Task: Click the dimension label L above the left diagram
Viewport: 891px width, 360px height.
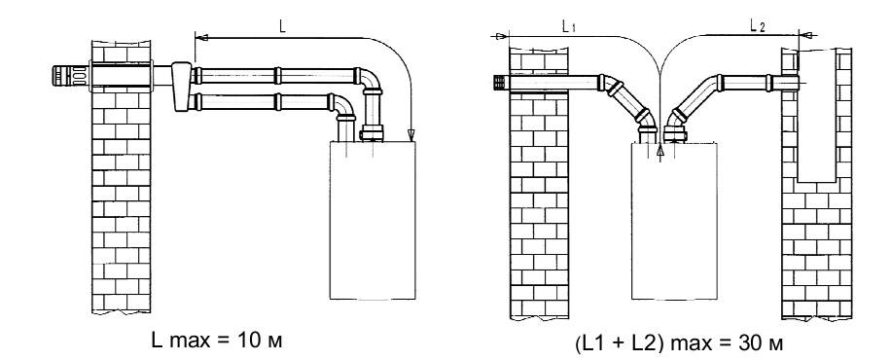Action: point(282,26)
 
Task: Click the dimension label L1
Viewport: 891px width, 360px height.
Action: point(568,25)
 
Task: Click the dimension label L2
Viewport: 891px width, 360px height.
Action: point(757,25)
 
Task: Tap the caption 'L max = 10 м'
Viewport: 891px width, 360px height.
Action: point(217,341)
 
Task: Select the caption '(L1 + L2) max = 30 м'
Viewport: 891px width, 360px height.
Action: point(679,343)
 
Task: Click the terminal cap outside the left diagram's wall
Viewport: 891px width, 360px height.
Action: point(70,76)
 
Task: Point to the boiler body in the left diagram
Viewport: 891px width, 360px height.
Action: point(373,220)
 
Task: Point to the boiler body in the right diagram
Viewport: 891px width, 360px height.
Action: point(674,221)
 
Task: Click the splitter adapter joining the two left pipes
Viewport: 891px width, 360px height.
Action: point(182,86)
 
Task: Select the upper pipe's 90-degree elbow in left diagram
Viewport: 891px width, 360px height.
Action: point(370,82)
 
